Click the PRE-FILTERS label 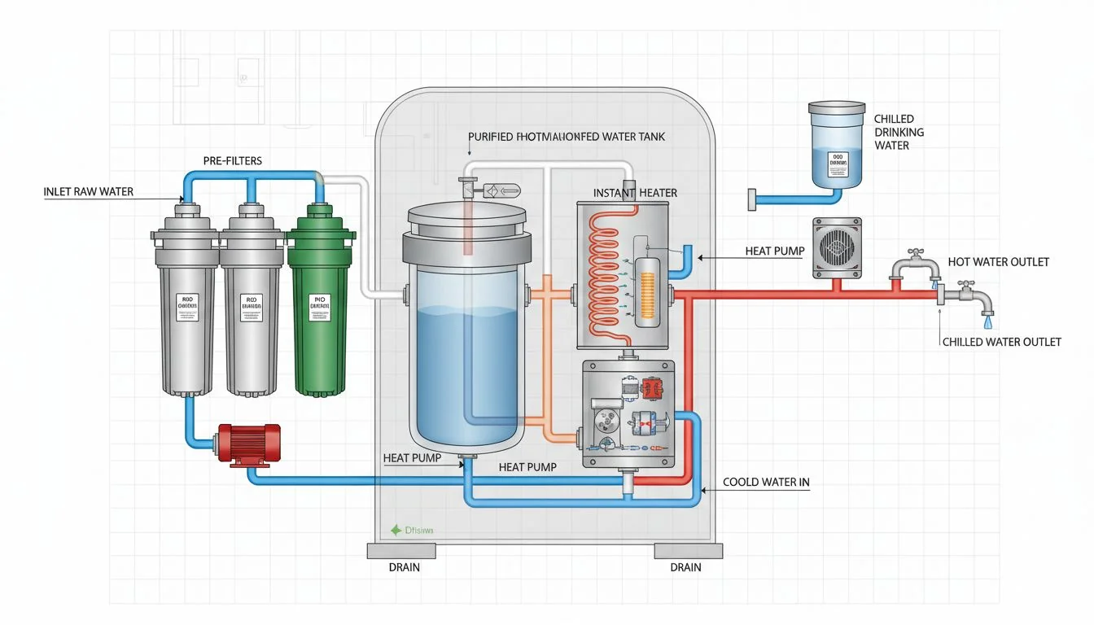[x=233, y=160]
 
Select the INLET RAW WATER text [x=88, y=192]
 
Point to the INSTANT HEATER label [x=635, y=193]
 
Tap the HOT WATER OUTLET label [x=998, y=262]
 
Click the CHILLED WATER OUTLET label [x=1000, y=342]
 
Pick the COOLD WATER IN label [x=766, y=483]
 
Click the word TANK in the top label [x=649, y=137]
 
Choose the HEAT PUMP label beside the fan [x=774, y=252]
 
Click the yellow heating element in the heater [x=650, y=292]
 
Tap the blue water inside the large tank [x=466, y=366]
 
